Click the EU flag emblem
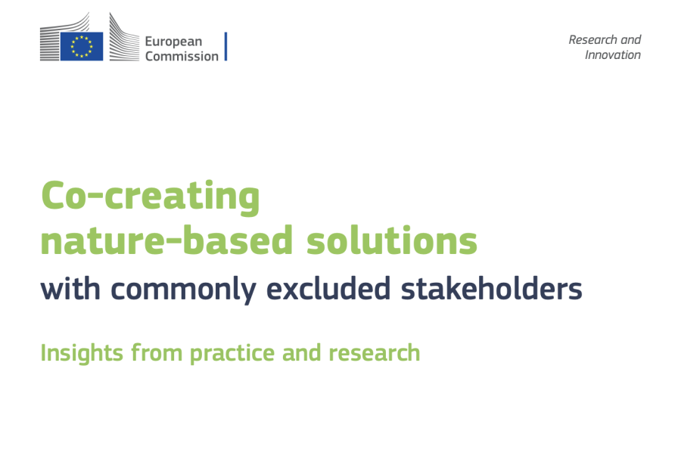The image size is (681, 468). [82, 46]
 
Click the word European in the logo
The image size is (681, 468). [173, 42]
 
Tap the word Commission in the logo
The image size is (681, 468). [182, 57]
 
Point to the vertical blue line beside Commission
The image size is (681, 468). [225, 46]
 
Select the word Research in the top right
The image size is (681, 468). [592, 39]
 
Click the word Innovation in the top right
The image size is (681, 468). [613, 54]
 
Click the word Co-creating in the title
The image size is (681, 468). [151, 197]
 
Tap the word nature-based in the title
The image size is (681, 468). [166, 240]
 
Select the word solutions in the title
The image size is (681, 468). [392, 240]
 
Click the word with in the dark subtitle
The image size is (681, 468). [70, 288]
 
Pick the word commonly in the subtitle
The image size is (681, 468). [183, 290]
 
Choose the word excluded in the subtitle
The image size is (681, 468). [328, 288]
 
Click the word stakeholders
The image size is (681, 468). [491, 288]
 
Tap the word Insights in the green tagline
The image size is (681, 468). [82, 353]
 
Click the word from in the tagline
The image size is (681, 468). [157, 352]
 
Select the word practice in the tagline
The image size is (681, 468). [232, 353]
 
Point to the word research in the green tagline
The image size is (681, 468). [375, 352]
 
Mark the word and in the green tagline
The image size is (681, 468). [302, 352]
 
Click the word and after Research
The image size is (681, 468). [630, 39]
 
